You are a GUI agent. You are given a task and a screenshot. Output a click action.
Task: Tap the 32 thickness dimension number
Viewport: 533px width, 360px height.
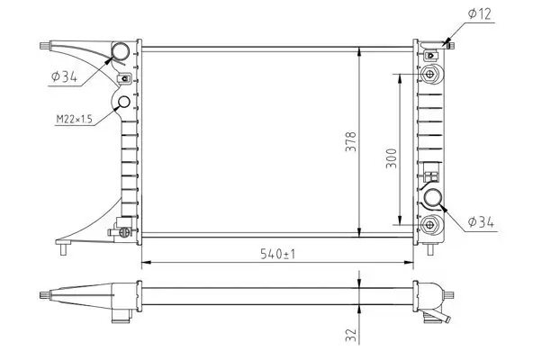tap(352, 336)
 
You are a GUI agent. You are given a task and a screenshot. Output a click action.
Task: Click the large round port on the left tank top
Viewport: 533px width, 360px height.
tap(119, 51)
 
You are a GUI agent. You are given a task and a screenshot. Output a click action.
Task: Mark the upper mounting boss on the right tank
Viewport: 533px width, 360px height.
tap(433, 73)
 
